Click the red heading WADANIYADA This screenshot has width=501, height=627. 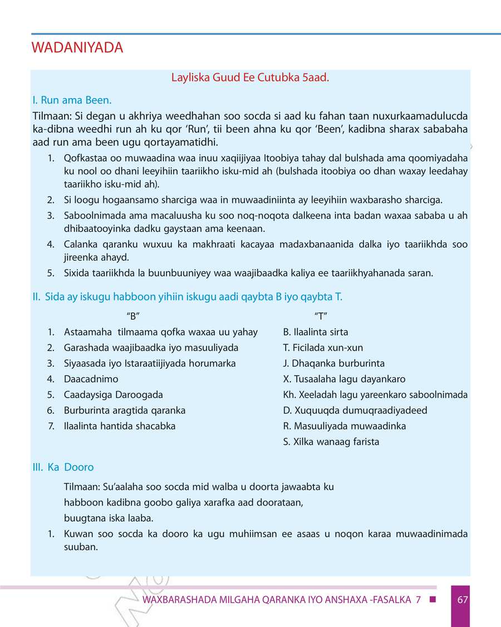click(77, 48)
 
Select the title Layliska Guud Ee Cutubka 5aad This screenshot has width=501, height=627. click(250, 77)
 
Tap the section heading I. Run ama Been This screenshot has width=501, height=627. click(72, 100)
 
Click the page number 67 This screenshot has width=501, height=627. click(462, 600)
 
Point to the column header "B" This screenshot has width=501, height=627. click(132, 316)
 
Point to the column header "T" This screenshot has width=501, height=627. click(320, 316)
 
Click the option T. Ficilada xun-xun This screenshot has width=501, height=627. click(323, 348)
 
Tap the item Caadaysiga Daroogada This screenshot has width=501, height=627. click(113, 395)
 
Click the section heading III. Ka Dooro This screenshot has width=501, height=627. click(63, 467)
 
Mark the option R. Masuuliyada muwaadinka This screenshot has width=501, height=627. click(344, 426)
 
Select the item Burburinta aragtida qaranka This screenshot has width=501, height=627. click(125, 410)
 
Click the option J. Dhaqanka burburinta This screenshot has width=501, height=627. click(333, 363)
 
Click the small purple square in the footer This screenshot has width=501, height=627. click(433, 600)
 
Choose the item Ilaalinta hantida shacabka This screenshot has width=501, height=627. click(120, 426)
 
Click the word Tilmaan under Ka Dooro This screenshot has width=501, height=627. click(81, 487)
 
